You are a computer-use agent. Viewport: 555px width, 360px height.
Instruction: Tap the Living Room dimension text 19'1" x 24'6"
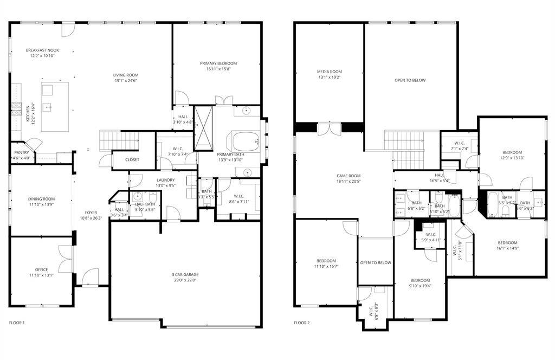125,81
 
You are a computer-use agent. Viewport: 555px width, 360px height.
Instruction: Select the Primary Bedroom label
218,63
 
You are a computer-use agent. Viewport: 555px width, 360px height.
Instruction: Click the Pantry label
21,152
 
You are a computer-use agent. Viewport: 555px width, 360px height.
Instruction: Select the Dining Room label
42,199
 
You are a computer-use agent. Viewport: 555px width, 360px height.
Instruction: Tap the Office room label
42,269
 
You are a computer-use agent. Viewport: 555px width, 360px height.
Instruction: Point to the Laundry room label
165,180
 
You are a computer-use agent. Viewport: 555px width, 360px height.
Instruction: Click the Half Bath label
145,204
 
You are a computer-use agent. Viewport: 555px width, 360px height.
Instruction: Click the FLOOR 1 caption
17,323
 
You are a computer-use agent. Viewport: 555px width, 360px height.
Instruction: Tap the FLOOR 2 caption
301,323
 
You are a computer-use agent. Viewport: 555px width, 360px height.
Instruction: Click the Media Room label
329,72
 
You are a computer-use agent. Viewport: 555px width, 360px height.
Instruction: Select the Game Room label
348,176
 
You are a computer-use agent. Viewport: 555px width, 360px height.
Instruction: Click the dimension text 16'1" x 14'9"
507,248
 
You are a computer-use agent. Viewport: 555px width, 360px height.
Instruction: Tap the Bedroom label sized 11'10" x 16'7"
326,261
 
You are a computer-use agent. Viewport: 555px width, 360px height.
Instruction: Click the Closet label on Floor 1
132,159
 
